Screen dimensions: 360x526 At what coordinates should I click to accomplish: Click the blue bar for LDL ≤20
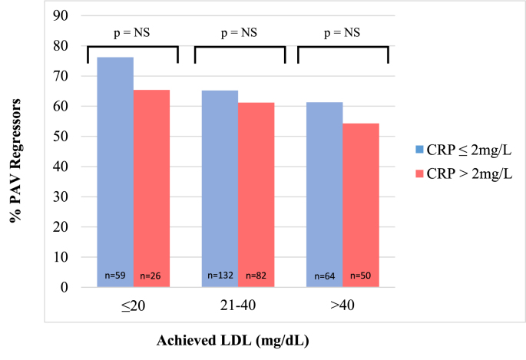[x=115, y=173]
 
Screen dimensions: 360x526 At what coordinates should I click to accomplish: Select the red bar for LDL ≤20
[x=151, y=189]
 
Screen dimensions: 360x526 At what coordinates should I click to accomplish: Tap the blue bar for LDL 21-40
[x=220, y=189]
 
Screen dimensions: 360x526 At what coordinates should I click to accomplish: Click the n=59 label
[x=115, y=276]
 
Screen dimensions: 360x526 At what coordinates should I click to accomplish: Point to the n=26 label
[x=151, y=276]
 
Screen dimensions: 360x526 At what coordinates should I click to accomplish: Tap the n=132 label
[x=220, y=276]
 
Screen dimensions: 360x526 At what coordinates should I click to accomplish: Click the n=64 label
[x=324, y=276]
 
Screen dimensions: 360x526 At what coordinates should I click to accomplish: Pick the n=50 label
[x=360, y=276]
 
